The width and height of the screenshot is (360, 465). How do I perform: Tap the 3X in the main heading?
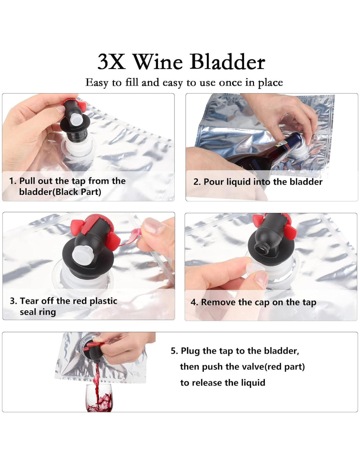tap(111, 62)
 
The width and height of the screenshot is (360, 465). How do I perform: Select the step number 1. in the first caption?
tap(13, 181)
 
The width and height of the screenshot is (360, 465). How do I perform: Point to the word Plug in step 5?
tap(190, 351)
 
